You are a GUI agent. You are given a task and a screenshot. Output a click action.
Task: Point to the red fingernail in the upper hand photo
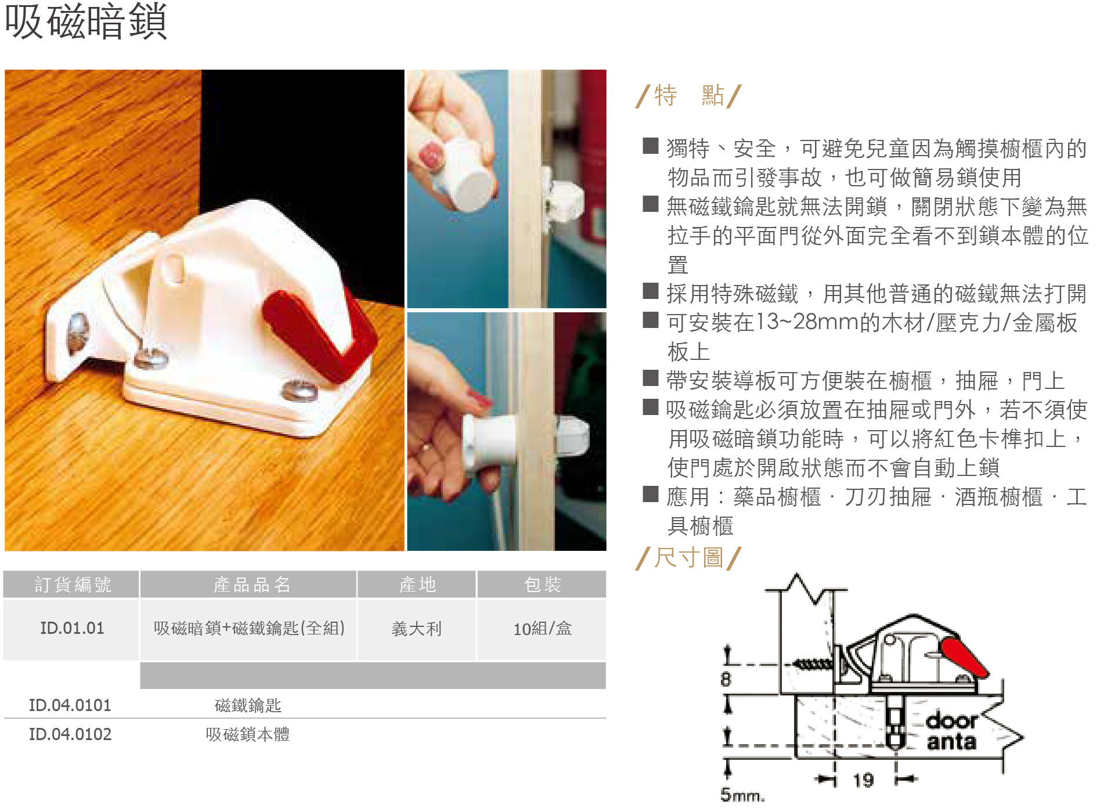tap(431, 155)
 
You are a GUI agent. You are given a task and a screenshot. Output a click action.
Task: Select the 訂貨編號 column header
tap(72, 585)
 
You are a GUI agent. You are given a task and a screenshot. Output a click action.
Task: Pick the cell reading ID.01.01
tap(72, 628)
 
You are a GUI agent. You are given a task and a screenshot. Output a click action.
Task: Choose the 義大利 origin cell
tap(416, 629)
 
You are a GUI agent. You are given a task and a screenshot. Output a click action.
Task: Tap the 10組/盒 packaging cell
tap(542, 629)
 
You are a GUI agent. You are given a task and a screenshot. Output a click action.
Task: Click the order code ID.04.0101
tap(70, 705)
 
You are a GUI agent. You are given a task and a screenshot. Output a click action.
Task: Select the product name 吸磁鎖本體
tap(247, 734)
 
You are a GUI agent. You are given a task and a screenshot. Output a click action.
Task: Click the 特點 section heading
tap(688, 96)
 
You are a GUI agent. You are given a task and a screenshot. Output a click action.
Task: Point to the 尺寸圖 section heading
tap(688, 558)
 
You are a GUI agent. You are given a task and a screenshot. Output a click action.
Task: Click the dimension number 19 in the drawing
tap(863, 780)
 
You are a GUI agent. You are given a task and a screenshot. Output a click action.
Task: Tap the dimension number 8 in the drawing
tap(726, 679)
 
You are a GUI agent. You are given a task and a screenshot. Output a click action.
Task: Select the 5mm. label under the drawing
tap(742, 794)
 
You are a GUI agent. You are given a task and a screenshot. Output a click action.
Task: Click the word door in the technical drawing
tap(952, 720)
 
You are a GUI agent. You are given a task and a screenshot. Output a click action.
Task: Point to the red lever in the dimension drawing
tap(964, 658)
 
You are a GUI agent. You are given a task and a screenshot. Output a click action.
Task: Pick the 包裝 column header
tap(542, 585)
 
